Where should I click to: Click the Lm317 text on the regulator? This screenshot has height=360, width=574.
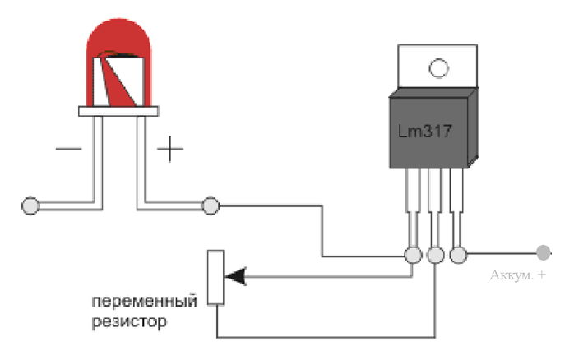pos(425,132)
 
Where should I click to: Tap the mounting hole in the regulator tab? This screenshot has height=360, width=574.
pos(438,68)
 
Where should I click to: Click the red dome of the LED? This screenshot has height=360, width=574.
pos(118,37)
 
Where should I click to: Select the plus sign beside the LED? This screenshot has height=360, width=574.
pos(170,149)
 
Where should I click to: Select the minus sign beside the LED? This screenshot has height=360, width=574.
pos(68,149)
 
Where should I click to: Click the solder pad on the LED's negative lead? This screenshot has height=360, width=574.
pos(30,205)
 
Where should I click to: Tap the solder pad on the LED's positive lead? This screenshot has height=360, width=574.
pos(211,205)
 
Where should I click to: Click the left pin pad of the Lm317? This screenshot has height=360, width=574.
pos(414,255)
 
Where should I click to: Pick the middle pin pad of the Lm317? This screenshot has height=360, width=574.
pos(436,255)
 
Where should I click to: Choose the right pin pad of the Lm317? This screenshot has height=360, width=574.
pos(458,255)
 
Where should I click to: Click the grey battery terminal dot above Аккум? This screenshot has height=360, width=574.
pos(544,253)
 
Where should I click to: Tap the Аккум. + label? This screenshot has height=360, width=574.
pos(517,275)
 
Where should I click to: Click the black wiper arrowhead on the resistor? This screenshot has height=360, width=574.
pos(234,276)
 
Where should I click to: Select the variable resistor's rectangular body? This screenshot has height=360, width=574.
pos(215,277)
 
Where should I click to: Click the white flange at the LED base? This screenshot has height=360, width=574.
pos(118,111)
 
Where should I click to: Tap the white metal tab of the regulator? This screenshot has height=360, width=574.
pos(437,67)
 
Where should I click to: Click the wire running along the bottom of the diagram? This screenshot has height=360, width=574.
pos(326,337)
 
